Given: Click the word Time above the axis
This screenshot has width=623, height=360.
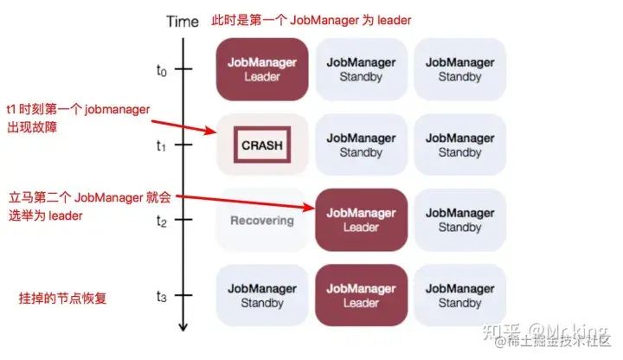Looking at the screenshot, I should [x=183, y=21].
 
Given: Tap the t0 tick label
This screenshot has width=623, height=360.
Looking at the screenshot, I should [x=162, y=70].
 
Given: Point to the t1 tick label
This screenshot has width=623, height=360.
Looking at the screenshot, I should [x=162, y=145].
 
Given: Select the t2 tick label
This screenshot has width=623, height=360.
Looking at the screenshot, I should [x=162, y=221].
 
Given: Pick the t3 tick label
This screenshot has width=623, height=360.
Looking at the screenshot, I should [x=162, y=296].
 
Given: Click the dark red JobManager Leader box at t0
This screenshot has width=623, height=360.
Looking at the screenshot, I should [x=262, y=69].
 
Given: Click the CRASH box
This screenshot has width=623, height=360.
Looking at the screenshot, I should [x=262, y=145].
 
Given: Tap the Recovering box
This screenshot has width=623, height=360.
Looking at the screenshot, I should [x=262, y=220].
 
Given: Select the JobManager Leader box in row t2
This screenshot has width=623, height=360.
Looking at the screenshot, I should [x=361, y=220].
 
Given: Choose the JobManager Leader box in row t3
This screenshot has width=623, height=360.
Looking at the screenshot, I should [x=361, y=295].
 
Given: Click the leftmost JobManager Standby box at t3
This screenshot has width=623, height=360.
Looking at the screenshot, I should [x=262, y=295].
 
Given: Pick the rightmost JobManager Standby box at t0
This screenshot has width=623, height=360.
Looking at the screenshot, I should [x=459, y=69].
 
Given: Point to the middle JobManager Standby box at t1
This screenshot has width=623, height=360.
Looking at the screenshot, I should [x=361, y=145].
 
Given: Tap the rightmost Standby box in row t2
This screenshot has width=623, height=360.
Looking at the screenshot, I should [x=459, y=220].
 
